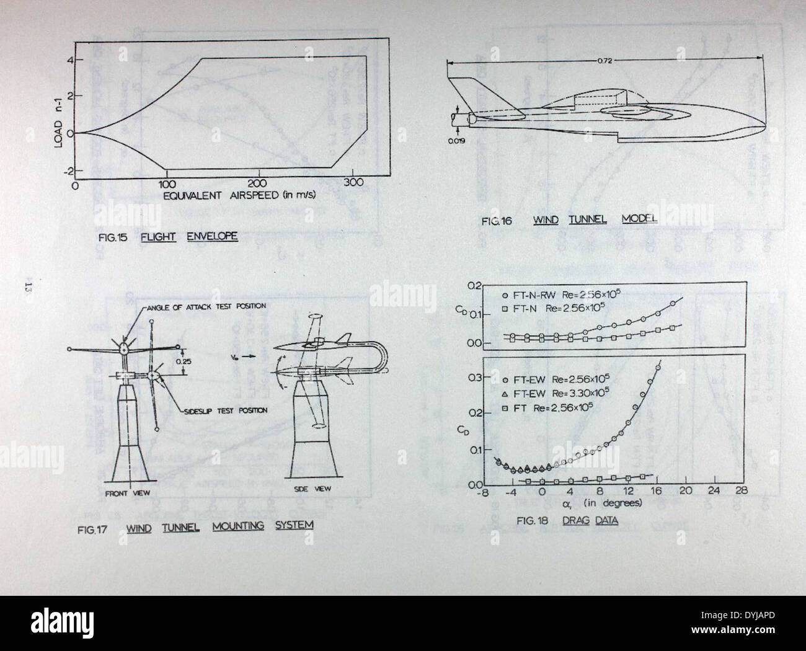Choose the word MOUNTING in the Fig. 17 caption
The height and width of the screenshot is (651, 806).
click(x=237, y=526)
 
